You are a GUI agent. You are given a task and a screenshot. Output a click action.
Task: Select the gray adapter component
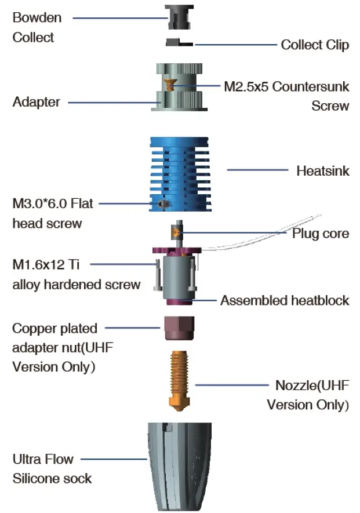tap(179, 101)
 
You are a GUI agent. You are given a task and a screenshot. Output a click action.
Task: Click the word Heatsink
tap(322, 171)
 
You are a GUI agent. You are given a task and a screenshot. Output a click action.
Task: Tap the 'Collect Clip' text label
tap(315, 45)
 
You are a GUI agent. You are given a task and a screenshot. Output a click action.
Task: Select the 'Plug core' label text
tap(321, 233)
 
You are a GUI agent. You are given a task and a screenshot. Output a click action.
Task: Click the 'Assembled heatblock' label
tap(285, 300)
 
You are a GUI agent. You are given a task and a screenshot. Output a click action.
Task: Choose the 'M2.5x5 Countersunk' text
tap(286, 87)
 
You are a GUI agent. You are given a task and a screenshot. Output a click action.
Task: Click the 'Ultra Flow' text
tap(43, 459)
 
